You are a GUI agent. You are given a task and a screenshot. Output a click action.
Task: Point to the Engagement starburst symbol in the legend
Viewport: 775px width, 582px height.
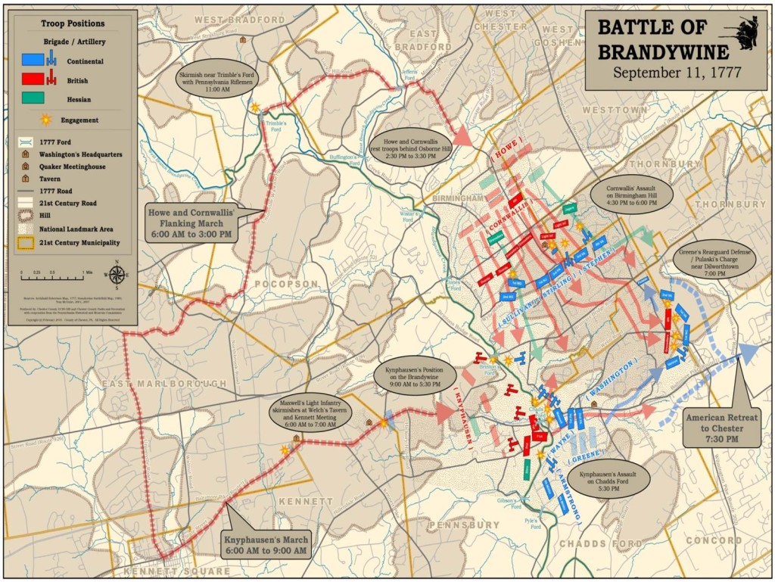(47, 120)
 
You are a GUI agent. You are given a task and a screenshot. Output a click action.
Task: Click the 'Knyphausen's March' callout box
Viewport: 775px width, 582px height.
(265, 544)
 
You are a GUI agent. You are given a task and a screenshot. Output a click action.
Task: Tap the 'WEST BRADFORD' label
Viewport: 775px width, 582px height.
(229, 18)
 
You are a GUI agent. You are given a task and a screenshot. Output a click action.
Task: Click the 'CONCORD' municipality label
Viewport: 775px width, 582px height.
(714, 540)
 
